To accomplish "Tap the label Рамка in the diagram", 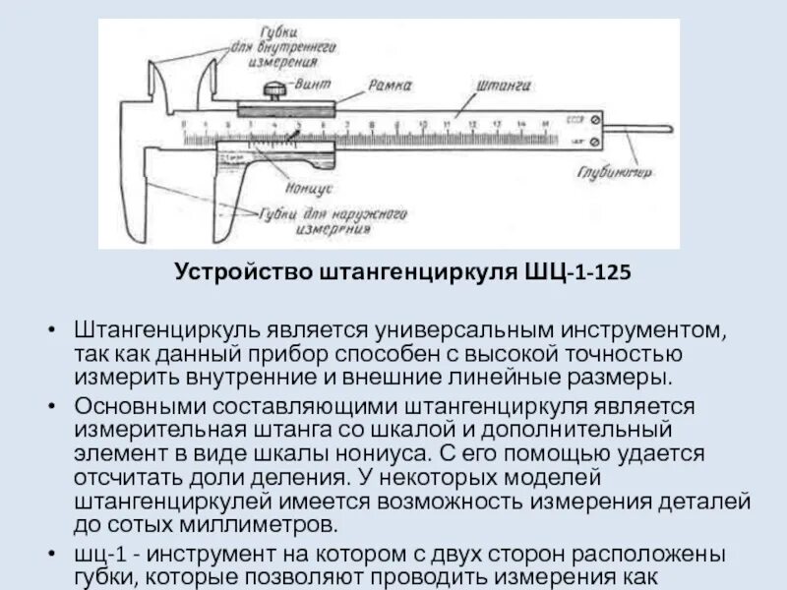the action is [x=390, y=87].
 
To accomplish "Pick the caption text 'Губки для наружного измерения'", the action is [x=332, y=221].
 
